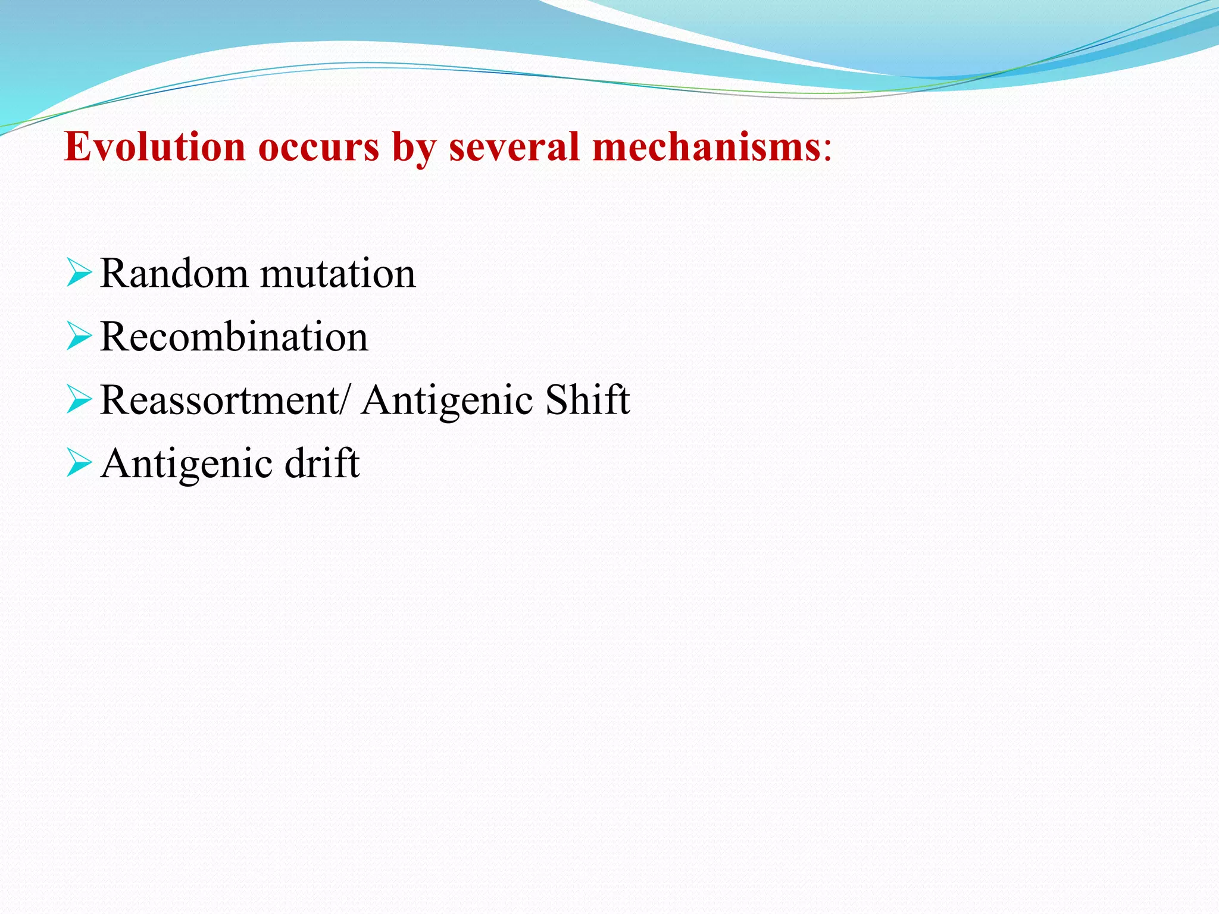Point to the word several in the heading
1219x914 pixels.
(514, 146)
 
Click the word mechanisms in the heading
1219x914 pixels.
(707, 146)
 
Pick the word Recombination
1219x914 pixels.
(234, 337)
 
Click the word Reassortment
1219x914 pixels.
(220, 400)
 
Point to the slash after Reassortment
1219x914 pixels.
(347, 400)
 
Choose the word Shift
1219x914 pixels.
(587, 400)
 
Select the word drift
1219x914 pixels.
(322, 463)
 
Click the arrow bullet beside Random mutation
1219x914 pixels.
(79, 273)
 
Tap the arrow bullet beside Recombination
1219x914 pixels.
(79, 336)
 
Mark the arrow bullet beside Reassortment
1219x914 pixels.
(79, 399)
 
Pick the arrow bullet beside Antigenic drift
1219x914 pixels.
(79, 463)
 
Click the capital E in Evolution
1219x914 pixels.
(76, 146)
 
